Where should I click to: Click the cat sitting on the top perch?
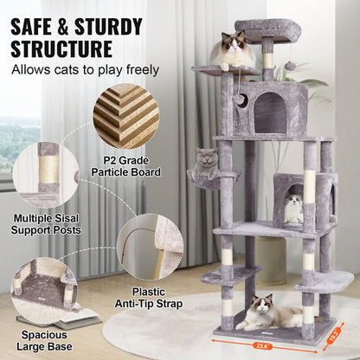click(231, 51)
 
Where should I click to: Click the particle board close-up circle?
click(126, 116)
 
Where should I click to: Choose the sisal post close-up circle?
click(46, 174)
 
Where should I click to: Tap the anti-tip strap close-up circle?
click(149, 247)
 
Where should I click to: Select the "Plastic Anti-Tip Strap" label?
click(144, 299)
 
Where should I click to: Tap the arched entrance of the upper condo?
click(268, 112)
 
